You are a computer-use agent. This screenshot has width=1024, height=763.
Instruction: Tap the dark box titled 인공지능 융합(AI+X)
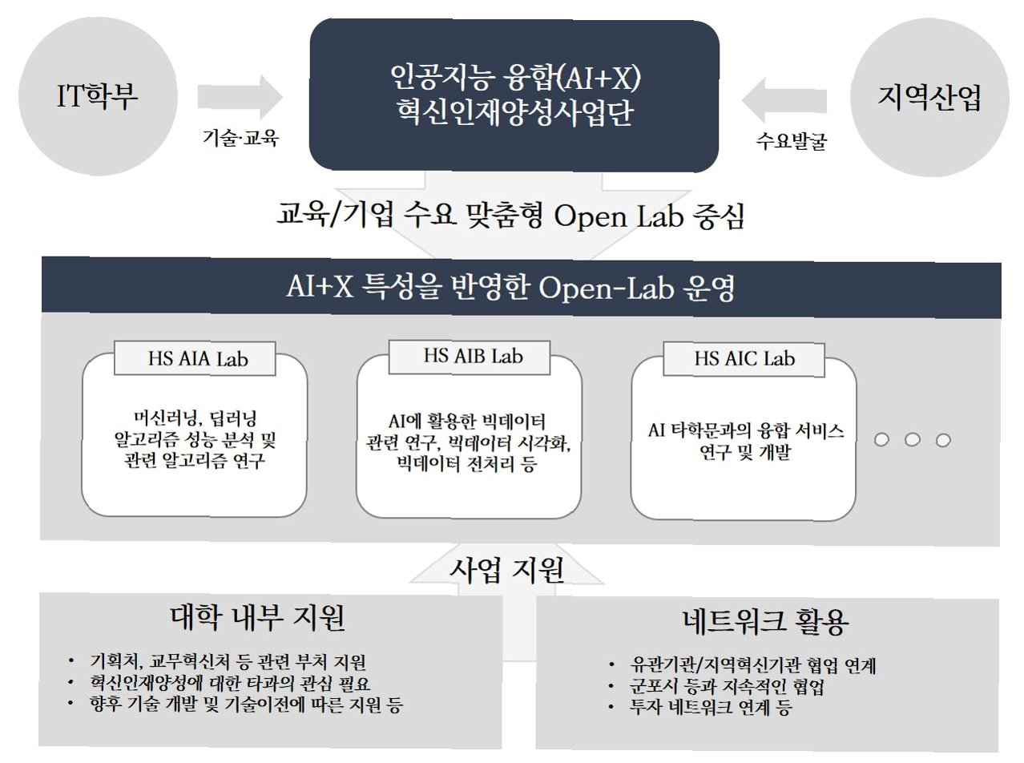coord(514,94)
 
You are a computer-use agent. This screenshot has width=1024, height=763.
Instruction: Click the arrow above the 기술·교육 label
coord(240,98)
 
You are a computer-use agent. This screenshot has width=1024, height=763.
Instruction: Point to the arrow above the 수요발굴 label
coord(789,98)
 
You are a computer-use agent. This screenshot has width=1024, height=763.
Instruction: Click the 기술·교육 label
coord(240,139)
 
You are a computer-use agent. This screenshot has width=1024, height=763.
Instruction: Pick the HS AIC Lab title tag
coord(744,358)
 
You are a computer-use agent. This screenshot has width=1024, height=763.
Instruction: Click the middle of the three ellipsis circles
coord(912,440)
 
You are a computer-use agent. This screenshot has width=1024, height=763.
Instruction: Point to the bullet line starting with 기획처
coord(228,663)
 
